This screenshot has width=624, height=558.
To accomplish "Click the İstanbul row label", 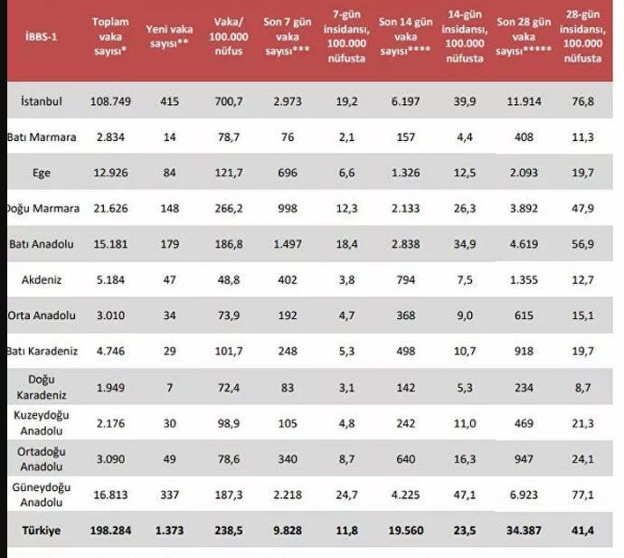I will pyautogui.click(x=41, y=100).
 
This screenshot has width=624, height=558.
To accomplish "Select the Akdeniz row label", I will pyautogui.click(x=42, y=279).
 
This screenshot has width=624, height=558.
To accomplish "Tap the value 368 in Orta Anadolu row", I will pyautogui.click(x=404, y=316).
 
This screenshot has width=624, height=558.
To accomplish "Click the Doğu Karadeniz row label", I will pyautogui.click(x=42, y=386).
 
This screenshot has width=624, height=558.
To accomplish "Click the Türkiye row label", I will pyautogui.click(x=42, y=532).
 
